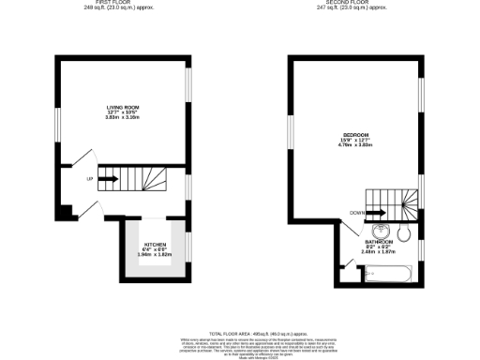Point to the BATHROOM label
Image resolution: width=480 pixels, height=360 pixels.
tap(379, 242)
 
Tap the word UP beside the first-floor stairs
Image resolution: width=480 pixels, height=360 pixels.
tap(89, 177)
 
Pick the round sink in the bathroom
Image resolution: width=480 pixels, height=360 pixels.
tap(380, 232)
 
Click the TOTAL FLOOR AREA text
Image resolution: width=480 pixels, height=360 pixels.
tap(241, 332)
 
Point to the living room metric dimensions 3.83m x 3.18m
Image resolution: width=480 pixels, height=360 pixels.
tap(121, 119)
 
